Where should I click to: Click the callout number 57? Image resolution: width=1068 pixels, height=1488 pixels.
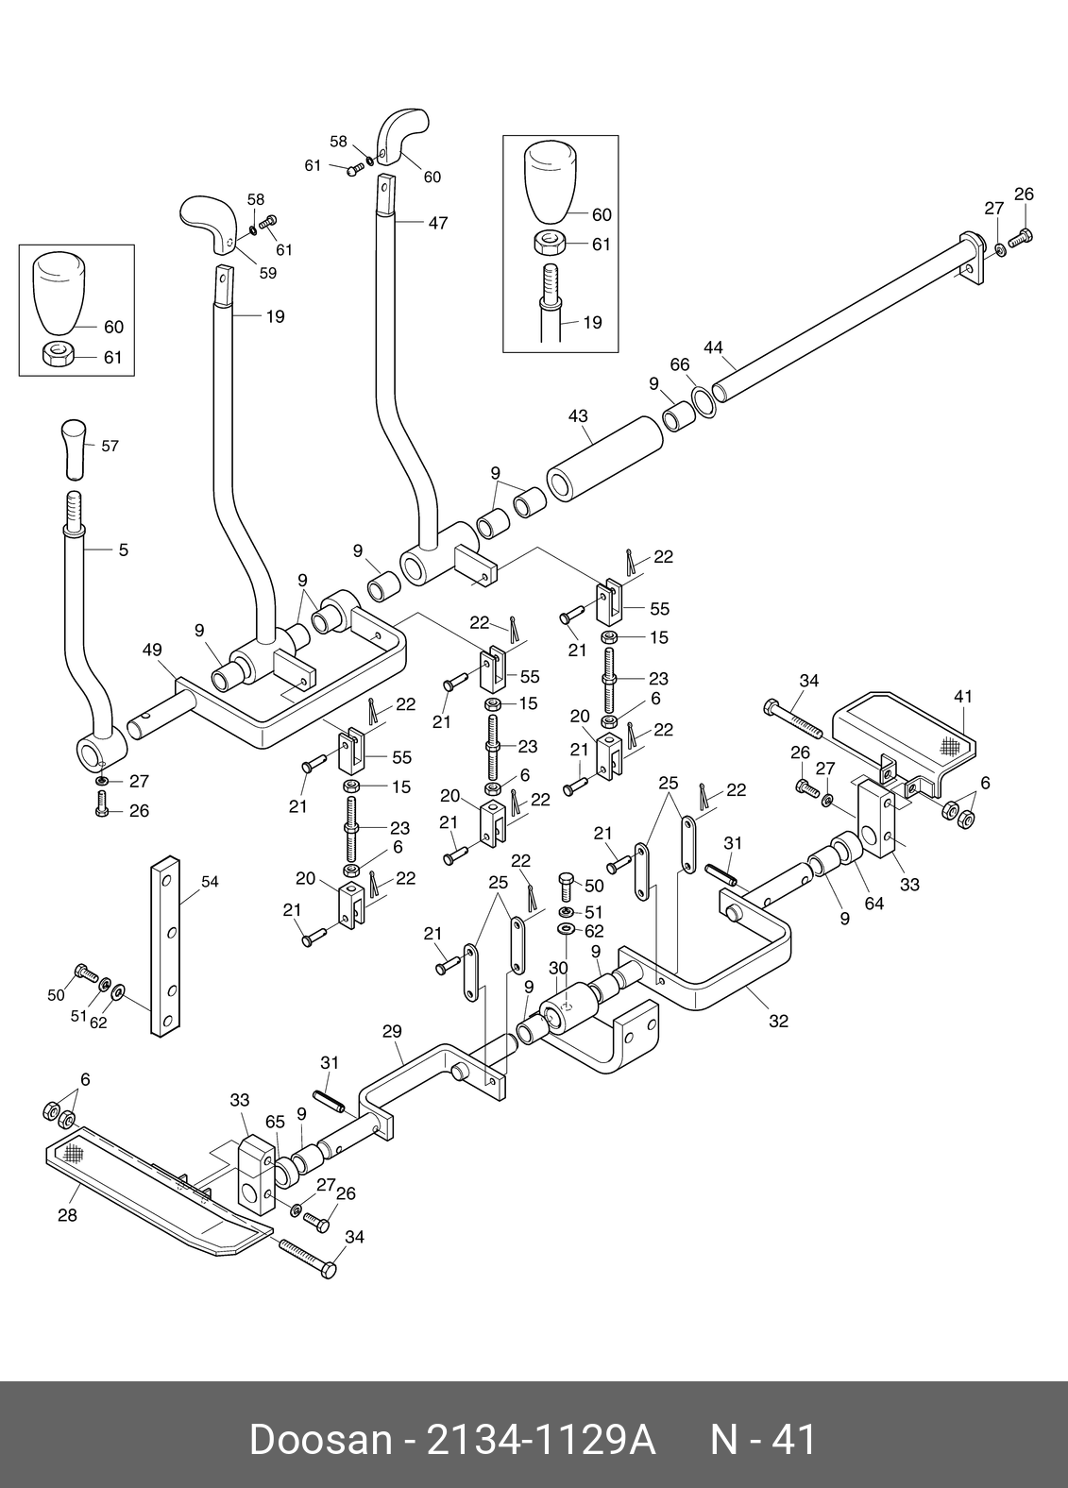click(110, 446)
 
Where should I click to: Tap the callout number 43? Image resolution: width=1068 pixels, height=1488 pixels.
click(578, 415)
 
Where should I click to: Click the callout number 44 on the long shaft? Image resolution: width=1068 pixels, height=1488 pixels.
click(714, 347)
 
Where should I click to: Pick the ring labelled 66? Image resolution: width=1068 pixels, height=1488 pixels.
click(704, 400)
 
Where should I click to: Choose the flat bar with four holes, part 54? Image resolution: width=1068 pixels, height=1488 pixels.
click(166, 945)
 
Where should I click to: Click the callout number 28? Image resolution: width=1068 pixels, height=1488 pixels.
click(67, 1215)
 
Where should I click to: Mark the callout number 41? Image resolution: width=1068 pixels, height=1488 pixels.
click(962, 697)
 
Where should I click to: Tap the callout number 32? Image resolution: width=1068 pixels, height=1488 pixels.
click(778, 1021)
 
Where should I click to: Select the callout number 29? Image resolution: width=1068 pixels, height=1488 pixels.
click(393, 1032)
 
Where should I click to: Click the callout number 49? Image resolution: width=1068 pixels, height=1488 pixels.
click(152, 650)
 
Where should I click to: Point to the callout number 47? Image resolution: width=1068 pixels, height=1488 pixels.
click(437, 224)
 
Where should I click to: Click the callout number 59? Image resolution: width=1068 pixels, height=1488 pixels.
click(268, 274)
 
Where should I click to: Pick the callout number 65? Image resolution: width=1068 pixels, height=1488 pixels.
click(275, 1123)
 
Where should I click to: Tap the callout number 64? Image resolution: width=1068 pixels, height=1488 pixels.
click(874, 904)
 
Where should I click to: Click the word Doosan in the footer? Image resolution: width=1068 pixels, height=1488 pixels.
click(319, 1441)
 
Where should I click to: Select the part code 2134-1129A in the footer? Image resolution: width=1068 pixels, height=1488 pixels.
click(542, 1441)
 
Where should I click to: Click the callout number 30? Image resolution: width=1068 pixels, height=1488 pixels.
click(558, 969)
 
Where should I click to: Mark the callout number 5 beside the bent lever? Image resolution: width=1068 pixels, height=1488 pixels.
click(124, 550)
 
